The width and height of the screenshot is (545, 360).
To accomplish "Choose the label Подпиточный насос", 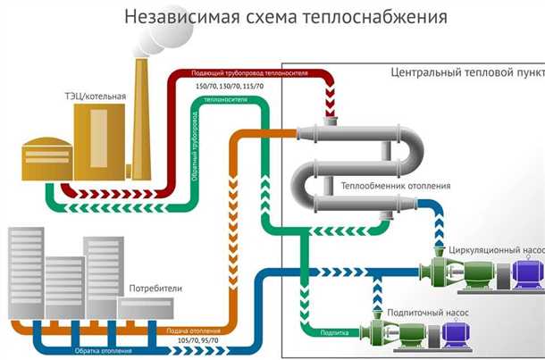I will (426, 313).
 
